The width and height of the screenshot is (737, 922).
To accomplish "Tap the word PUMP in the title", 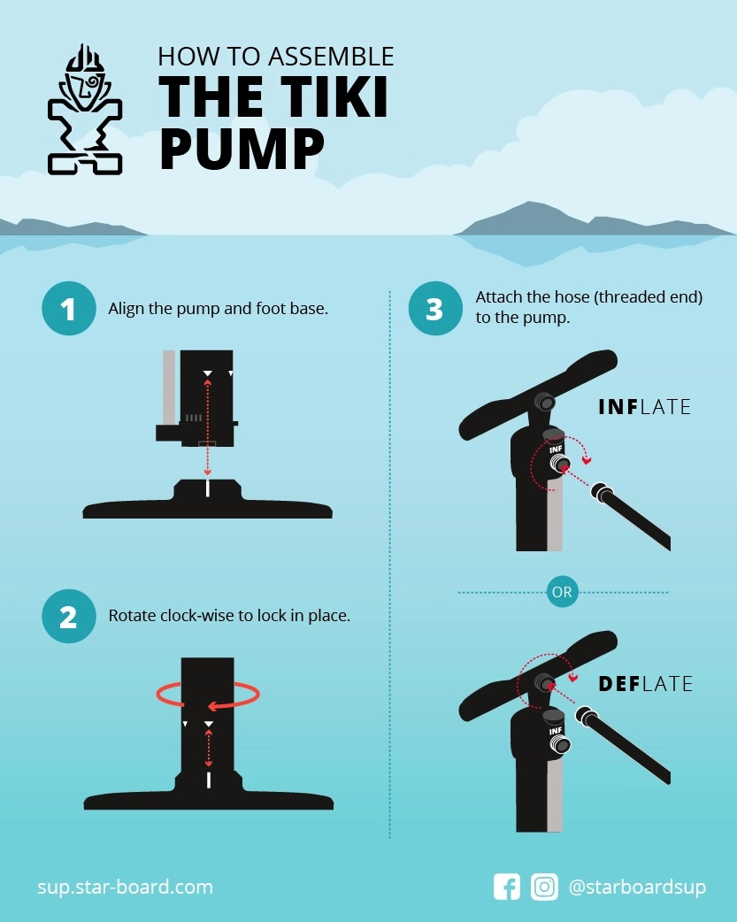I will [x=242, y=148].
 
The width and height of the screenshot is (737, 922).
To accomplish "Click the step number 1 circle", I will [x=68, y=310].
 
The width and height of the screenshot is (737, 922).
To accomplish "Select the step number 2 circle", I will [x=68, y=616].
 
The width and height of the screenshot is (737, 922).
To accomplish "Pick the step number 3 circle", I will [x=434, y=310].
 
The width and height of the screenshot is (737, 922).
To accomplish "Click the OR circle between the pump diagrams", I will [x=562, y=593].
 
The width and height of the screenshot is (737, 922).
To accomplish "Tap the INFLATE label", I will [x=644, y=407].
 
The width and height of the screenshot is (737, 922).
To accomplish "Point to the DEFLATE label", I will [x=645, y=684].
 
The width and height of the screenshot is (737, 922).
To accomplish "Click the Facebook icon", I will [x=507, y=887].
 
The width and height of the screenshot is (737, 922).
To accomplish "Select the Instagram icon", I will [x=544, y=887].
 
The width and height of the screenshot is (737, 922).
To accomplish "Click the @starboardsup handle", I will [x=637, y=887].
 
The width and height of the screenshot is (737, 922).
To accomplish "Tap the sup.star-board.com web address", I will [x=125, y=887].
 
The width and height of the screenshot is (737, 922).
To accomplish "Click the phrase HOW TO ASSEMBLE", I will [x=275, y=58].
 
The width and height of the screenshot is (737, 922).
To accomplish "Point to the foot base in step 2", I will [x=208, y=796].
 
